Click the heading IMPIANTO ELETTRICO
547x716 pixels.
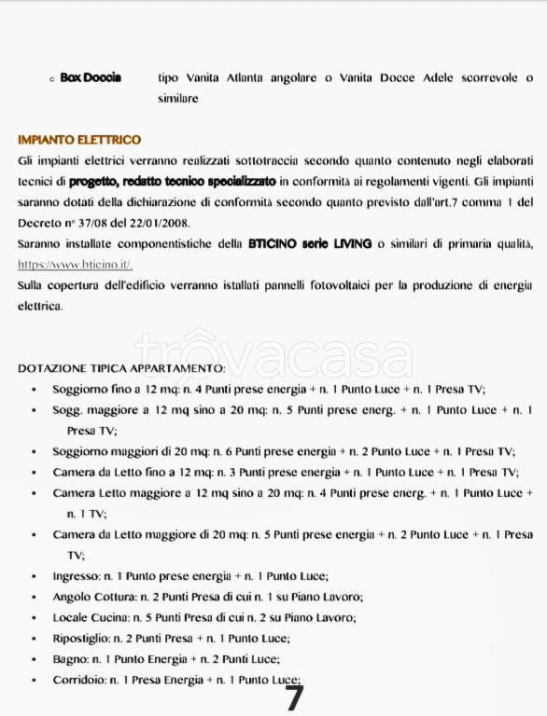(x=79, y=140)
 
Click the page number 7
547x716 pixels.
(x=293, y=697)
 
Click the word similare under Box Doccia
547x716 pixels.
(x=177, y=98)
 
